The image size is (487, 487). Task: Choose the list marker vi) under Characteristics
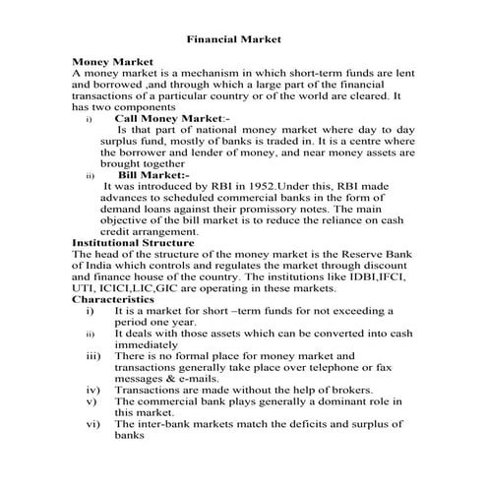click(x=92, y=423)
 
